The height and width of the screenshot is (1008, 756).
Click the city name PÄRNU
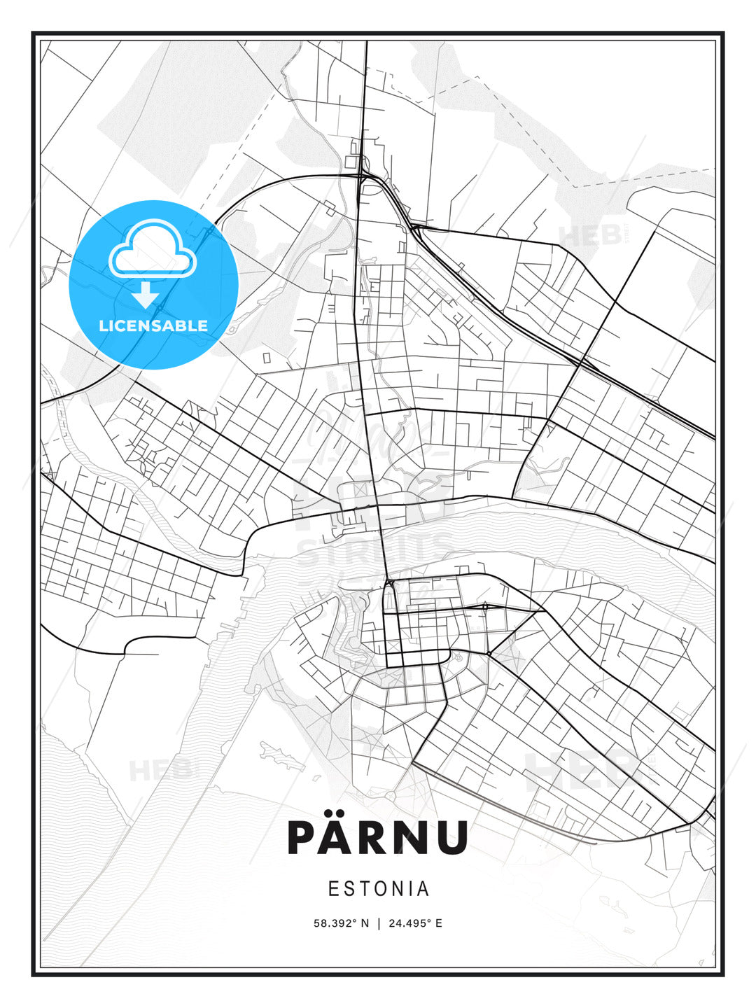[377, 836]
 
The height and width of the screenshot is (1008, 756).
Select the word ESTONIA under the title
[378, 889]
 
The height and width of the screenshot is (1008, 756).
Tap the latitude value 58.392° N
[341, 923]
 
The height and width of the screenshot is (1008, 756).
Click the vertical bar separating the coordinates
[379, 923]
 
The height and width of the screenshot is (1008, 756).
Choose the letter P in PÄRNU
[304, 838]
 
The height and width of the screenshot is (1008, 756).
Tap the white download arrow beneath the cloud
[146, 295]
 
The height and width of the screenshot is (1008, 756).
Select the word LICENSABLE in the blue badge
[153, 326]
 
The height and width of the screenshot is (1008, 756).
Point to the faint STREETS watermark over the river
[376, 551]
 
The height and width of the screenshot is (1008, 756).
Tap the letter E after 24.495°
[439, 923]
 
